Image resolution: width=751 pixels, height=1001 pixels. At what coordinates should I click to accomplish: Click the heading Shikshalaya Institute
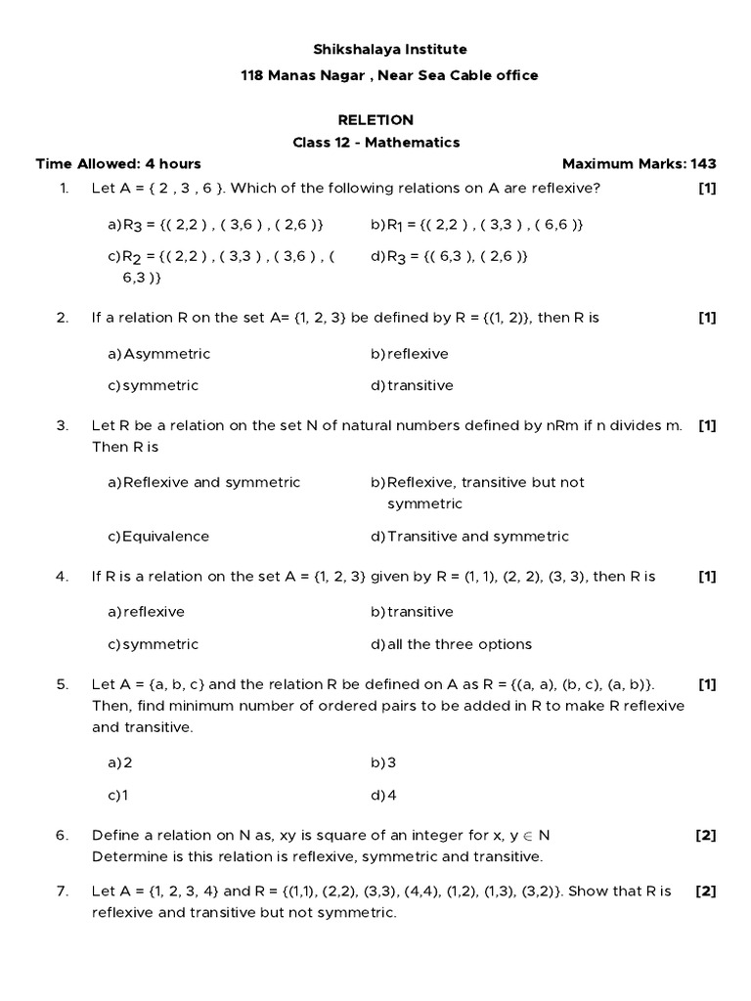click(x=375, y=49)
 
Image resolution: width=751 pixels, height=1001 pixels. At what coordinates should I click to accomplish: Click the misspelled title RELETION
click(x=375, y=120)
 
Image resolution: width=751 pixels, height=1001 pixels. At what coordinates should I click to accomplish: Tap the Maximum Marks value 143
click(x=704, y=164)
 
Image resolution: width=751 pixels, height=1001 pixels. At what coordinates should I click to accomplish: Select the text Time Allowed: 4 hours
click(x=118, y=164)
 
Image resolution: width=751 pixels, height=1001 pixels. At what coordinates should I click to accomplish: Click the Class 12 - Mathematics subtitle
click(x=375, y=143)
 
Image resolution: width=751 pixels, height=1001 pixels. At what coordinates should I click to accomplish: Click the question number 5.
click(x=63, y=683)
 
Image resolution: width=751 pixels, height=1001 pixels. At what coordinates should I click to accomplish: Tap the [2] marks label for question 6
click(x=706, y=835)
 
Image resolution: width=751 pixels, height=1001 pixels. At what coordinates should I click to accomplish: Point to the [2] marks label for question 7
click(x=706, y=892)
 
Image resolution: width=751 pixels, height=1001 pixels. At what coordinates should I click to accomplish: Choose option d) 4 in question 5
click(x=384, y=795)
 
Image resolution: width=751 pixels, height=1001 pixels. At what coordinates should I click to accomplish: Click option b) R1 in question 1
click(x=477, y=225)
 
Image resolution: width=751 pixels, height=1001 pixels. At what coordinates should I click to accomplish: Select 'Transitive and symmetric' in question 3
click(x=469, y=537)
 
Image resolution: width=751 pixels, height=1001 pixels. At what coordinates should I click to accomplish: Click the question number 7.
click(x=63, y=892)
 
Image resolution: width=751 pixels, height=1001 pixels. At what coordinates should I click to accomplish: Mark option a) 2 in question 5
click(x=120, y=762)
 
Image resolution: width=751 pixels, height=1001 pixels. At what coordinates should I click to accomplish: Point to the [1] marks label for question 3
click(x=707, y=425)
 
